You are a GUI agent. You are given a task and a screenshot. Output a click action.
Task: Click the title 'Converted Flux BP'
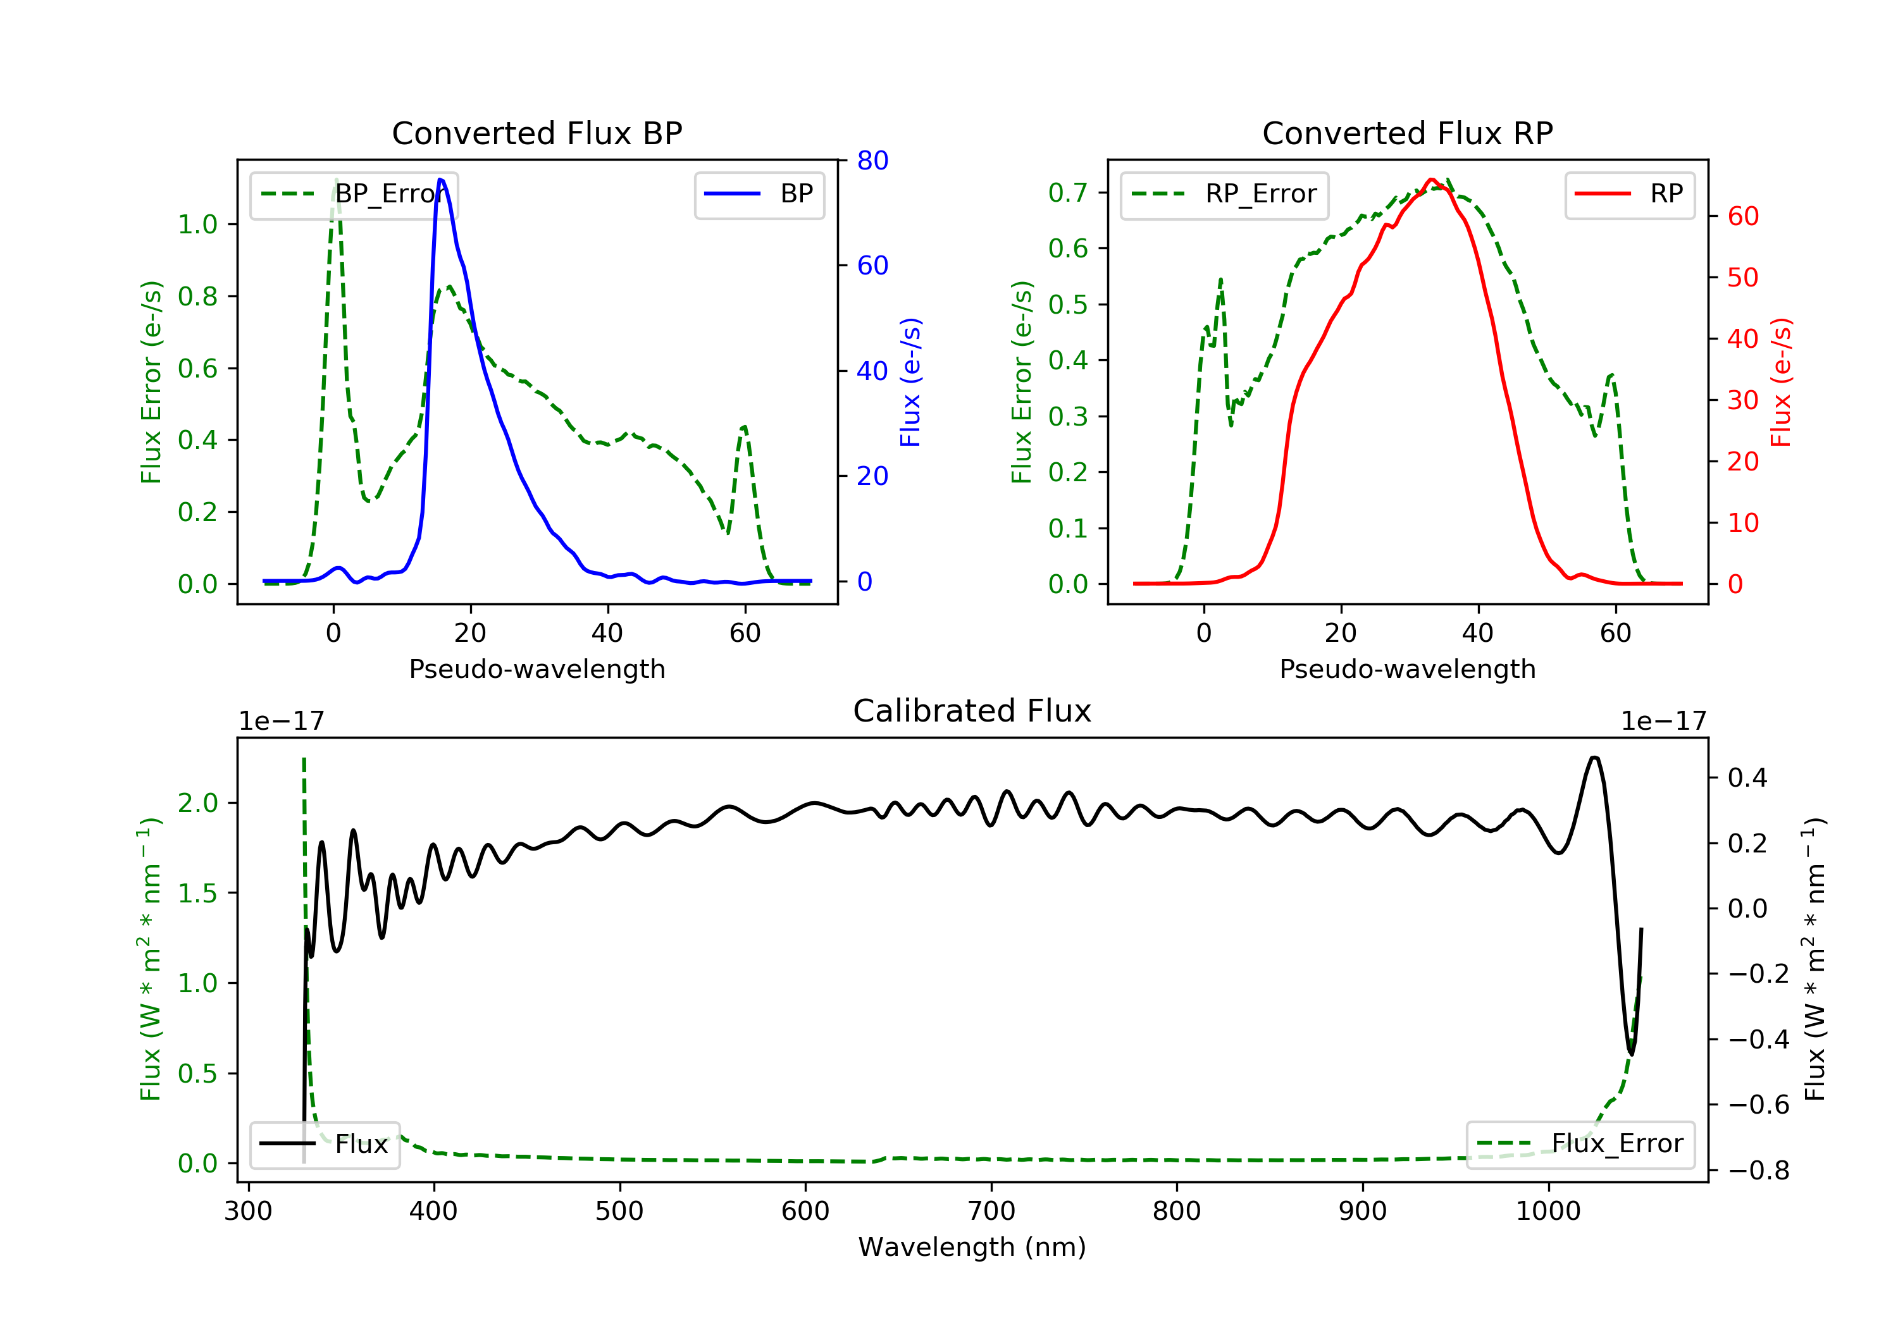tap(537, 133)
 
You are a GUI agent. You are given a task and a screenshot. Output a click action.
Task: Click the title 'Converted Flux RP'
tap(1407, 133)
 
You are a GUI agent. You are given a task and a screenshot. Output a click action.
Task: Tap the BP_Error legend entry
tap(354, 194)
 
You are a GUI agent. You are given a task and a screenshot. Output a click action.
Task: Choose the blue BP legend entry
tap(759, 194)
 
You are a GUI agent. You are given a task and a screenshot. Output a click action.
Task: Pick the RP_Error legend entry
tap(1224, 194)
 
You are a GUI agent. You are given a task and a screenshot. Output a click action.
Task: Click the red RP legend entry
tap(1628, 194)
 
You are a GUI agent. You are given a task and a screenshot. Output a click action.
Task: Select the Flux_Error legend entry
tap(1580, 1144)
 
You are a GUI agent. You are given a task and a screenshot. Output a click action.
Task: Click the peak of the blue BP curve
tap(440, 180)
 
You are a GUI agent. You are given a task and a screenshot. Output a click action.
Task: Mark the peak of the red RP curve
tap(1432, 180)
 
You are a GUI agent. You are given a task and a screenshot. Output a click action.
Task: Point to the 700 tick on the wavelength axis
tap(991, 1212)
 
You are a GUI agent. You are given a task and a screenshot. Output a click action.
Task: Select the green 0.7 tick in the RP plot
tap(1067, 192)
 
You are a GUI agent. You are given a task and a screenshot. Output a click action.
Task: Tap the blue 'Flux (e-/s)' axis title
tap(910, 382)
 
